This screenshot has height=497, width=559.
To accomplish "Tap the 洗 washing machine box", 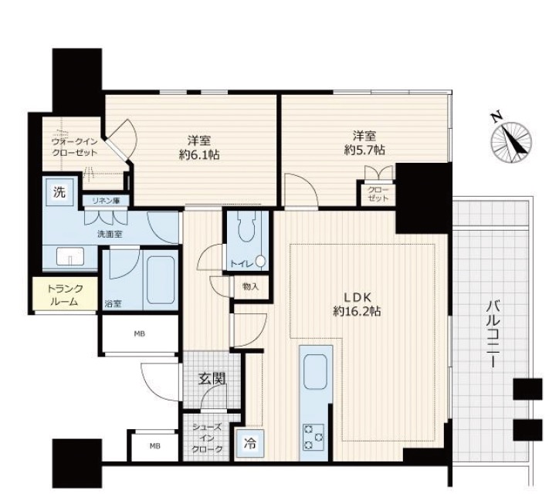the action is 59,193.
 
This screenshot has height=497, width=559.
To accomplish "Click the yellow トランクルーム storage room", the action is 65,294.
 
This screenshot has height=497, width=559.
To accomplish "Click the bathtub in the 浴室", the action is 161,279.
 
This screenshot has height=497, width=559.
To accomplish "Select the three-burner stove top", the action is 313,437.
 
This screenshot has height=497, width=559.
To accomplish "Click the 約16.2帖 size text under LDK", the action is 357,312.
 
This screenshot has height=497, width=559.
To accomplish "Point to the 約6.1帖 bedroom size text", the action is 199,155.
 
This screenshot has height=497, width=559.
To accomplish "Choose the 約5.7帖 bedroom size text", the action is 364,150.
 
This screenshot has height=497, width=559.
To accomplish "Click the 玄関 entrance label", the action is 212,379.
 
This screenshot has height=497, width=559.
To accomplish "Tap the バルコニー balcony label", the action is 494,334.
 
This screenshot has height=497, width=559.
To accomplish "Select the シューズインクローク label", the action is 207,438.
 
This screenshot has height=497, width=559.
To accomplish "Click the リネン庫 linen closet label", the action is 106,201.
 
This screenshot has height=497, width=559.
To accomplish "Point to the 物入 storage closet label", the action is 250,286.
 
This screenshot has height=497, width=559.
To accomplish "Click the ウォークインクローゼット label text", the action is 75,147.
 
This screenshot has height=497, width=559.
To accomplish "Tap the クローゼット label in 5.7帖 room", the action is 378,194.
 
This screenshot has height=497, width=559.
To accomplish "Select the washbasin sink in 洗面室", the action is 70,256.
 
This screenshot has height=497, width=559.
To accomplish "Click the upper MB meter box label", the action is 140,334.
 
